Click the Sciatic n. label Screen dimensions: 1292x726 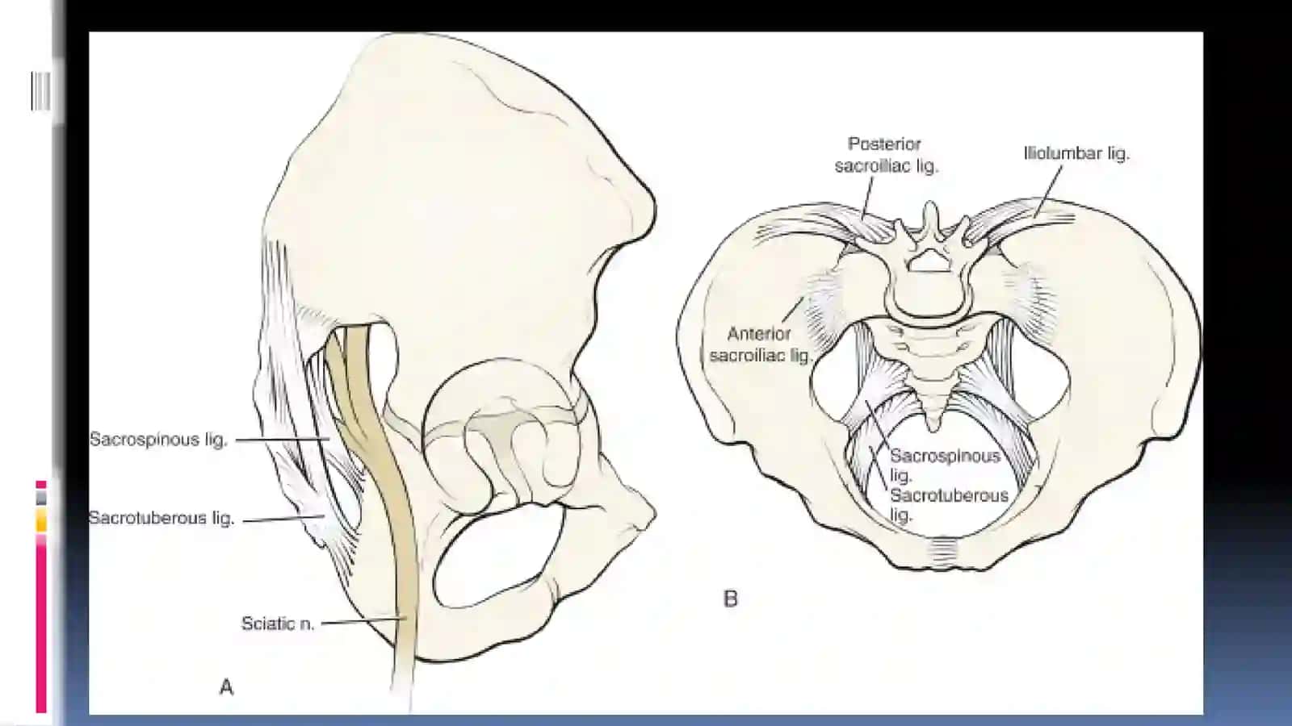pos(278,624)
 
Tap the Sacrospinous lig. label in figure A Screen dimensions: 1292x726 pos(158,440)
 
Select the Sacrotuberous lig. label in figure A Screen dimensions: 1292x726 pos(161,518)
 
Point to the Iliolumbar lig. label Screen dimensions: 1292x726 pos(1076,153)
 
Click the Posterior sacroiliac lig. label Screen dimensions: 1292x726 pos(887,154)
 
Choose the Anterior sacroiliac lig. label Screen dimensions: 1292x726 pos(760,344)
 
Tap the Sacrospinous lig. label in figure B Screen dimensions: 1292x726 pos(945,465)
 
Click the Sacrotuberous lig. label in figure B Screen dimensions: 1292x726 pos(949,504)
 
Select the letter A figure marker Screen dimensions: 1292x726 pos(227,686)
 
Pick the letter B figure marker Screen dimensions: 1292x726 pos(730,599)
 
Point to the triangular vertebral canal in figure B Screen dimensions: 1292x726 pos(929,261)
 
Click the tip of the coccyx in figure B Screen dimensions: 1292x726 pos(933,430)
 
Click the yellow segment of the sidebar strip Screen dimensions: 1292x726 pos(41,519)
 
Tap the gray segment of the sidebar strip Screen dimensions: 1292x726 pos(41,497)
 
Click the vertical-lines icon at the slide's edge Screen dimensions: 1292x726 pos(40,91)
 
